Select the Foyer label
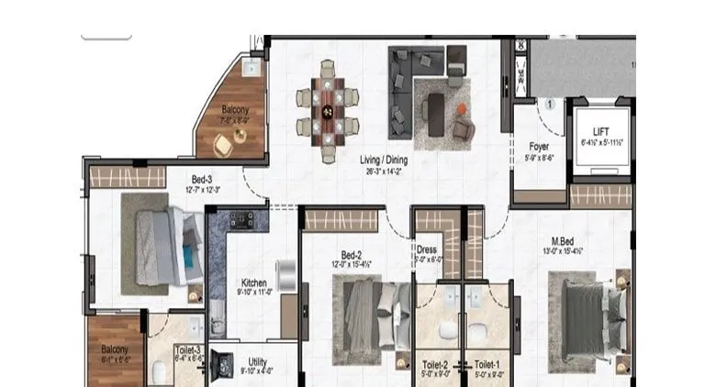(539, 146)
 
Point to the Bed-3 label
(204, 179)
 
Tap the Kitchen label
(253, 282)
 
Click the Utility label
(257, 361)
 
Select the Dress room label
(427, 249)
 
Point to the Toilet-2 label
(435, 363)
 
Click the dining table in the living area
(327, 110)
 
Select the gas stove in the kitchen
(241, 219)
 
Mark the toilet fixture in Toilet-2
(446, 330)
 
